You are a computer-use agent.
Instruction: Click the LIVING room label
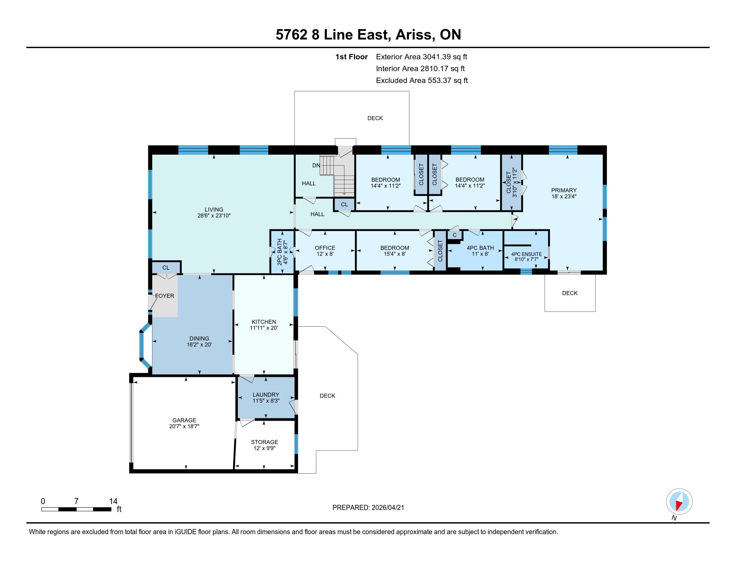tap(214, 209)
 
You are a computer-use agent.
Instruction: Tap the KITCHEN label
tap(264, 322)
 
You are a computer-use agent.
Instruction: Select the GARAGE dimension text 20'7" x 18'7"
tap(184, 426)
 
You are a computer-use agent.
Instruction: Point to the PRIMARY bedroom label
tap(564, 190)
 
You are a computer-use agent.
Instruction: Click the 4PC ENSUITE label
tap(526, 254)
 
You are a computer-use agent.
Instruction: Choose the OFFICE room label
tap(325, 248)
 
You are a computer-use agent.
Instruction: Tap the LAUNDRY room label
tap(266, 395)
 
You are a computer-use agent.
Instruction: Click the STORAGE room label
tap(265, 442)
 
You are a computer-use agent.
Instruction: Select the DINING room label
tap(199, 338)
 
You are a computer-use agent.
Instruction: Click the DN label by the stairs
tap(316, 165)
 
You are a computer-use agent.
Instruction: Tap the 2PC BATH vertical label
tap(279, 252)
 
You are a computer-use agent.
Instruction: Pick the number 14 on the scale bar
tap(113, 501)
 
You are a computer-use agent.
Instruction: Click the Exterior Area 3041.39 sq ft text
tap(422, 57)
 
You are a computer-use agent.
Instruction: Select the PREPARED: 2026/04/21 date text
tap(368, 508)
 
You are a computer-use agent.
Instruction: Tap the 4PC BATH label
tap(480, 248)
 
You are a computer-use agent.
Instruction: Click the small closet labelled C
tap(455, 235)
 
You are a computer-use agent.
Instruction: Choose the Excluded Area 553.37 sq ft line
tap(422, 81)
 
